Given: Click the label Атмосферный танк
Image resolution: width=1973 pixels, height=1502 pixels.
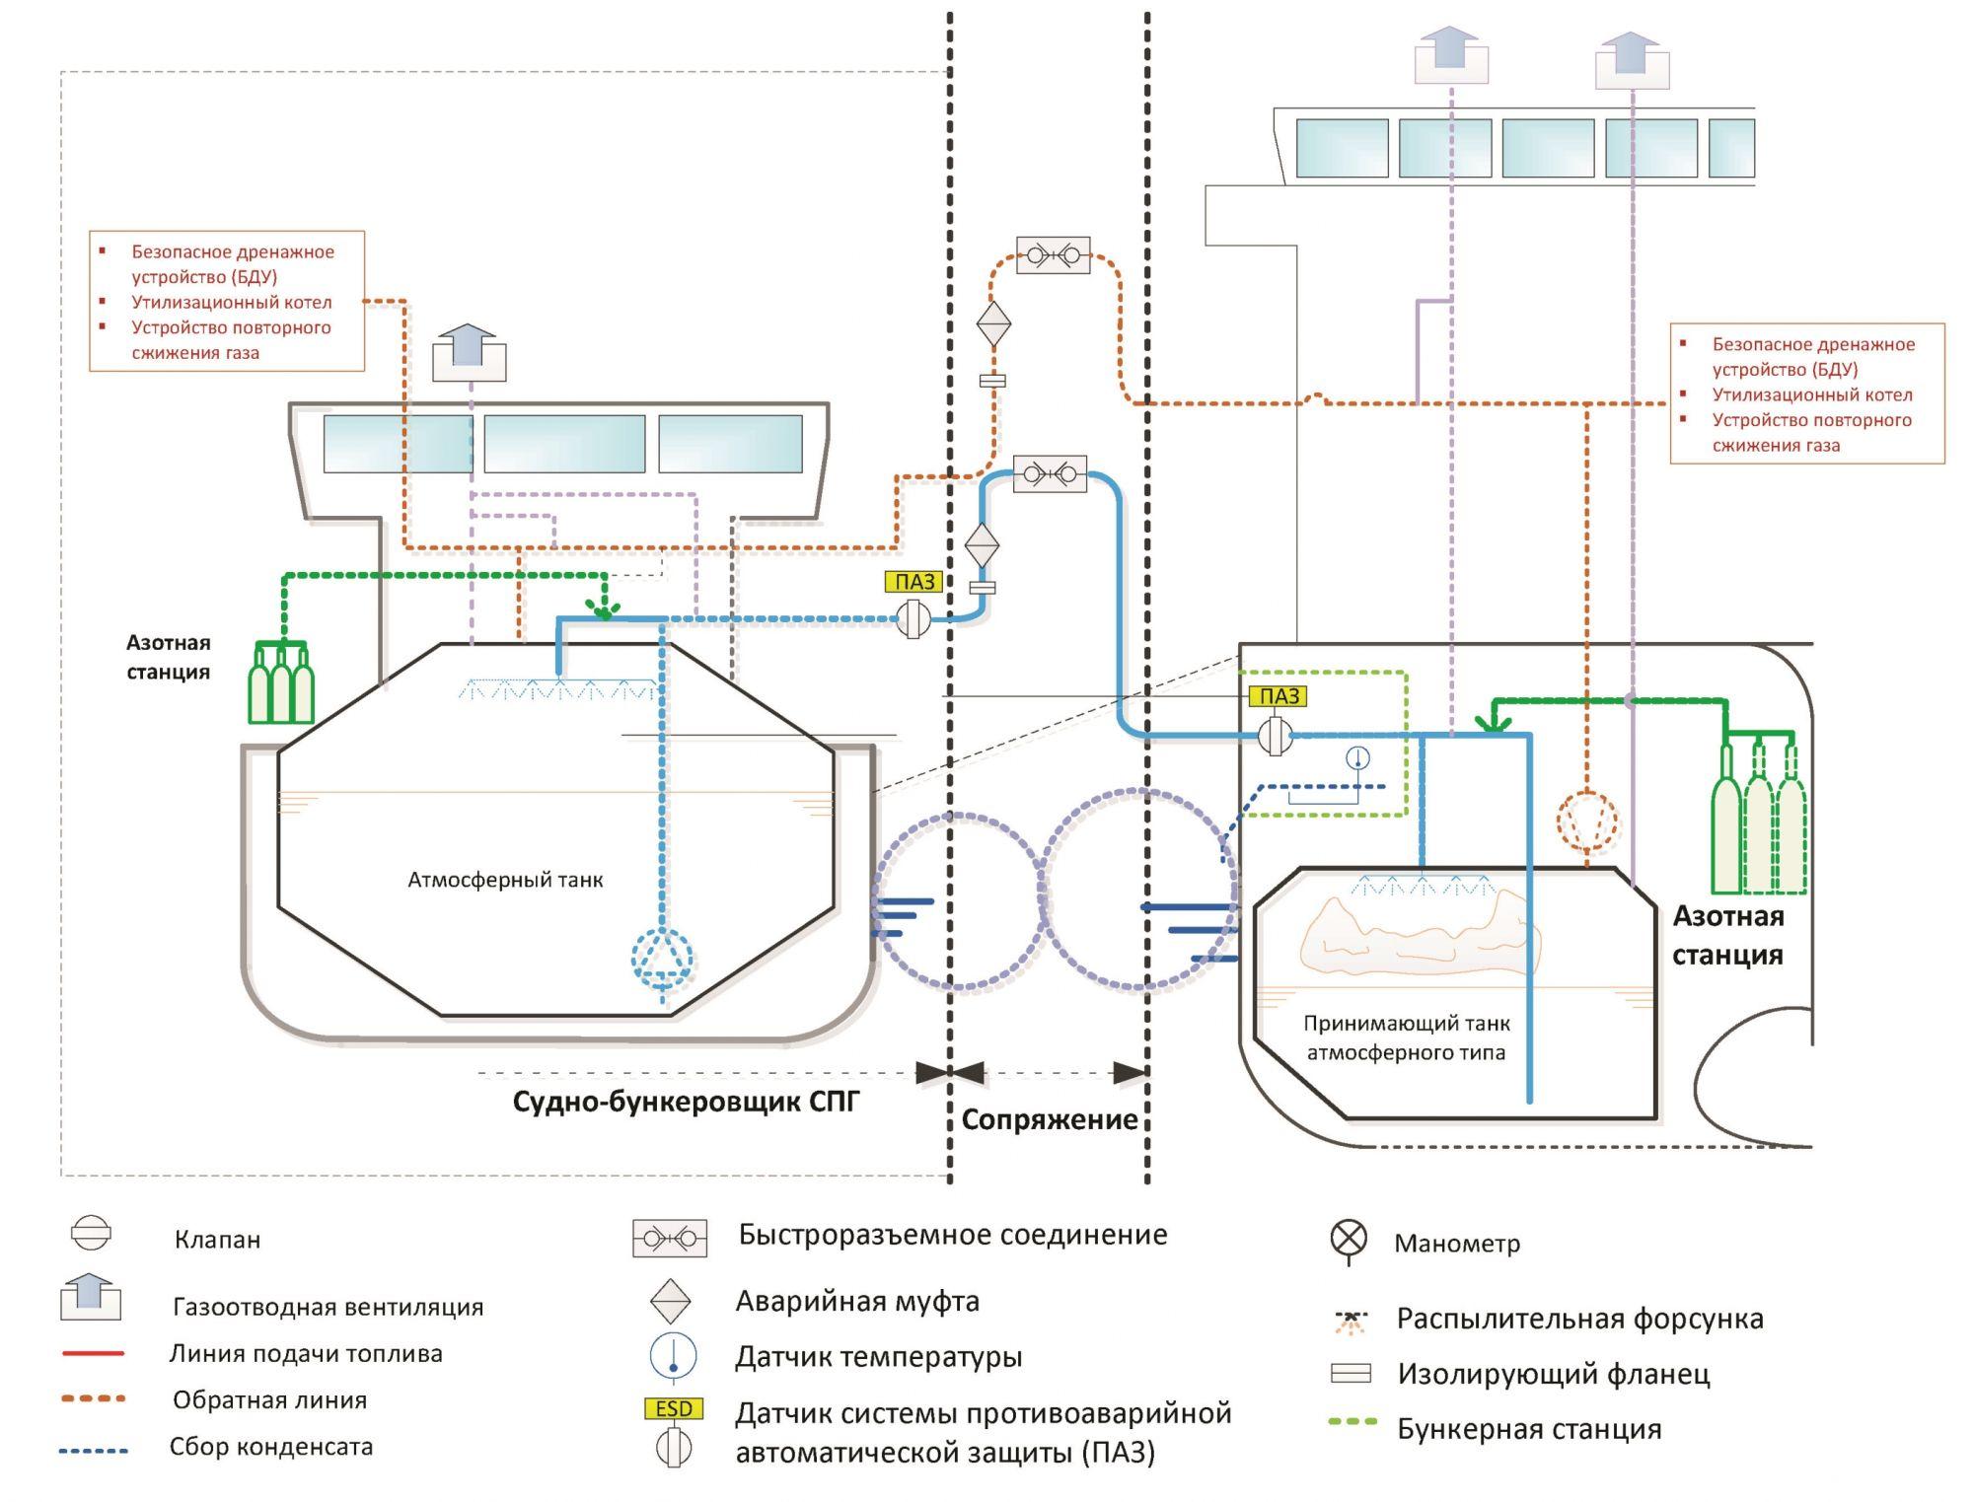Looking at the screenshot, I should click(x=505, y=880).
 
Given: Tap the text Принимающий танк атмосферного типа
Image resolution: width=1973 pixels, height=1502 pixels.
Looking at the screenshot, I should click(x=1406, y=1038).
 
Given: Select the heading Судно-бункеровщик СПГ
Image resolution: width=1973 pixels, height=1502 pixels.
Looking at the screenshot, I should click(x=686, y=1102).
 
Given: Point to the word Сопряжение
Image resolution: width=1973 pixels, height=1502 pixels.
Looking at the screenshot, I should click(x=1050, y=1120).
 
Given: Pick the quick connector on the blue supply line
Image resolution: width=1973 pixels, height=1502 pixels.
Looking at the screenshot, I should click(x=1050, y=474).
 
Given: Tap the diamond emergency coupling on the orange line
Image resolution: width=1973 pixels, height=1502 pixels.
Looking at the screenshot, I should click(x=993, y=323).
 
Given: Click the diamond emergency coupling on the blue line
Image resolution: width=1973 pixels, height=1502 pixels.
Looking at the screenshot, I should click(x=982, y=544).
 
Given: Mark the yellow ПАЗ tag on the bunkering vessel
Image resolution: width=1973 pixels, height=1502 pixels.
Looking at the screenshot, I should click(x=914, y=582).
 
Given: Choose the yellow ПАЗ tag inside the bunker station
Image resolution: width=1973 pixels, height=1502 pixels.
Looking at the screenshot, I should click(x=1279, y=696).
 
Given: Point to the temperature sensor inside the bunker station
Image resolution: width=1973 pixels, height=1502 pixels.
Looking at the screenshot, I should click(x=1358, y=758).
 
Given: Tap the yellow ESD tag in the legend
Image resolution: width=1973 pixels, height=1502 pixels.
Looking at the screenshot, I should click(x=674, y=1408).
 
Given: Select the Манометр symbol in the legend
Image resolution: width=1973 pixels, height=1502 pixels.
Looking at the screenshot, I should click(x=1349, y=1239).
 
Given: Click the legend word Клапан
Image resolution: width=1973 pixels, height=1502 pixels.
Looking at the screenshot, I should click(x=217, y=1240).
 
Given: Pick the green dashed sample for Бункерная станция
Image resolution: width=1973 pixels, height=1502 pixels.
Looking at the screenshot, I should click(x=1353, y=1422).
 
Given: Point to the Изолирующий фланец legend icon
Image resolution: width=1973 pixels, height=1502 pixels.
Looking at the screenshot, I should click(x=1351, y=1373).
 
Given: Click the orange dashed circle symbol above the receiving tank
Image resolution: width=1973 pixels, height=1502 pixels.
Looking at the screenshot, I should click(x=1586, y=821).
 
